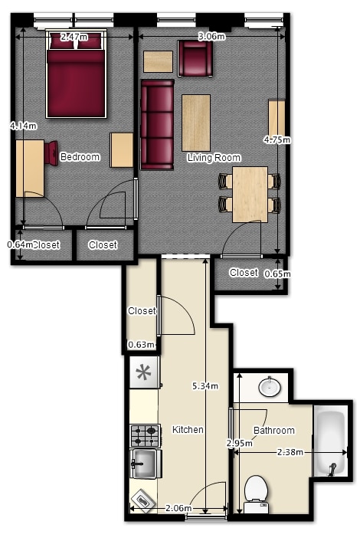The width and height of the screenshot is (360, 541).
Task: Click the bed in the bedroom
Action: tap(76, 74)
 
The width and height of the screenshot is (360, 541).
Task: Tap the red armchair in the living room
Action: tap(195, 58)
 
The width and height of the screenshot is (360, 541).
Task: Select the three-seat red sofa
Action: tap(157, 125)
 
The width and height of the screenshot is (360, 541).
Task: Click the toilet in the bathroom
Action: tap(256, 493)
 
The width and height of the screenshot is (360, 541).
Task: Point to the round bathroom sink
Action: tap(270, 387)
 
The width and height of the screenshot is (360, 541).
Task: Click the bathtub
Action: tap(330, 441)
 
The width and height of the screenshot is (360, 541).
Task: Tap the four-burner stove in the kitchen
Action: tap(146, 436)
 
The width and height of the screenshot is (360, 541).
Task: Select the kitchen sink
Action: tap(146, 464)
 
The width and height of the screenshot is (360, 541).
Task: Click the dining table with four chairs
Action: tap(250, 194)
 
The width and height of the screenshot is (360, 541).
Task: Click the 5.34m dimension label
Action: tap(205, 386)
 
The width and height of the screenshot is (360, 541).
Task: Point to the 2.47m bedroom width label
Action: tap(74, 37)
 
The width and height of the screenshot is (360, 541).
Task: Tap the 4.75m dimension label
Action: tap(277, 139)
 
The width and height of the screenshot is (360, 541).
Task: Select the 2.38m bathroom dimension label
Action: tap(290, 452)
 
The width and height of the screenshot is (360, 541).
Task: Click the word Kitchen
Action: tap(188, 430)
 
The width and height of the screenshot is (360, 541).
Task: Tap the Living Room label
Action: tap(214, 158)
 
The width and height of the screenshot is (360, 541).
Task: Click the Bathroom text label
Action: tap(274, 430)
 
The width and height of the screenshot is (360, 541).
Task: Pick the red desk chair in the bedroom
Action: tap(51, 152)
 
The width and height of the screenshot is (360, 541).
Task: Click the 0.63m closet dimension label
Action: tap(141, 345)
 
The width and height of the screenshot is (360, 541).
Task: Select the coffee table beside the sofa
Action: tap(196, 123)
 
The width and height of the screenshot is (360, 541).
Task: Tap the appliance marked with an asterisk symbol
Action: tap(145, 372)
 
